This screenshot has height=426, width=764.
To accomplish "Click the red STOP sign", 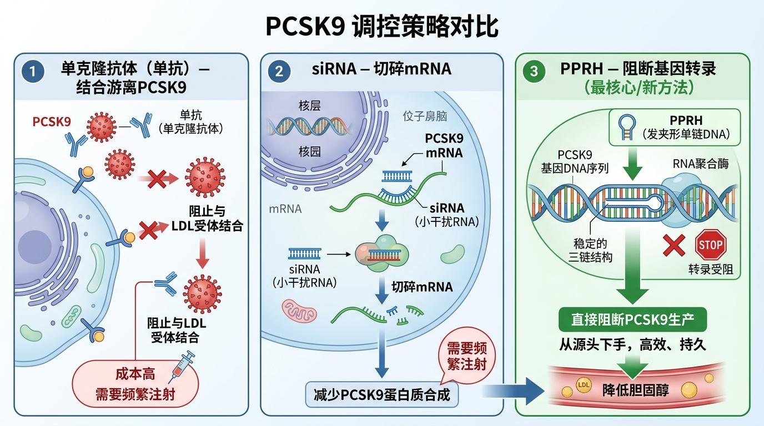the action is point(711,245).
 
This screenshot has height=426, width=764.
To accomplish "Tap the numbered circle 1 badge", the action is point(33,71).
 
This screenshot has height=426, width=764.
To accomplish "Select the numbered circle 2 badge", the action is point(279,71).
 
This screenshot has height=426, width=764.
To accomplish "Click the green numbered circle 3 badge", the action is point(534,71).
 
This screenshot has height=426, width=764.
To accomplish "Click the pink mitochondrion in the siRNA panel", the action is point(299,311).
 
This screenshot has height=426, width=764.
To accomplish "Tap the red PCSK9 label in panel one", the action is point(52,121).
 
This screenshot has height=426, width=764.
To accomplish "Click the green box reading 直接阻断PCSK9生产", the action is point(632,319).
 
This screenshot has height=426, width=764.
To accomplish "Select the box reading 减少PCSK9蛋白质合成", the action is point(381,394).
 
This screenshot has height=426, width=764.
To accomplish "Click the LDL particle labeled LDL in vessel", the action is point(584,385).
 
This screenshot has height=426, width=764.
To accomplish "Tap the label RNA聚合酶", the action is point(701,164).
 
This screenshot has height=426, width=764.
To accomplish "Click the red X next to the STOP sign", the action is point(674,245).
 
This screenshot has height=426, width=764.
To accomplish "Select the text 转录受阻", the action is point(711,270).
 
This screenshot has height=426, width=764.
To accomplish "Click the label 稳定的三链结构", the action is point(590,250).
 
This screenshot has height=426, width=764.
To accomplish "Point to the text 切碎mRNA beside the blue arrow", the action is point(422,287).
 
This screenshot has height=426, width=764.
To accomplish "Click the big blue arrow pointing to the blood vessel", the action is point(513,391).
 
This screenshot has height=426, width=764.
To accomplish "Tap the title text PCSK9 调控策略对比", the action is point(382,26).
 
